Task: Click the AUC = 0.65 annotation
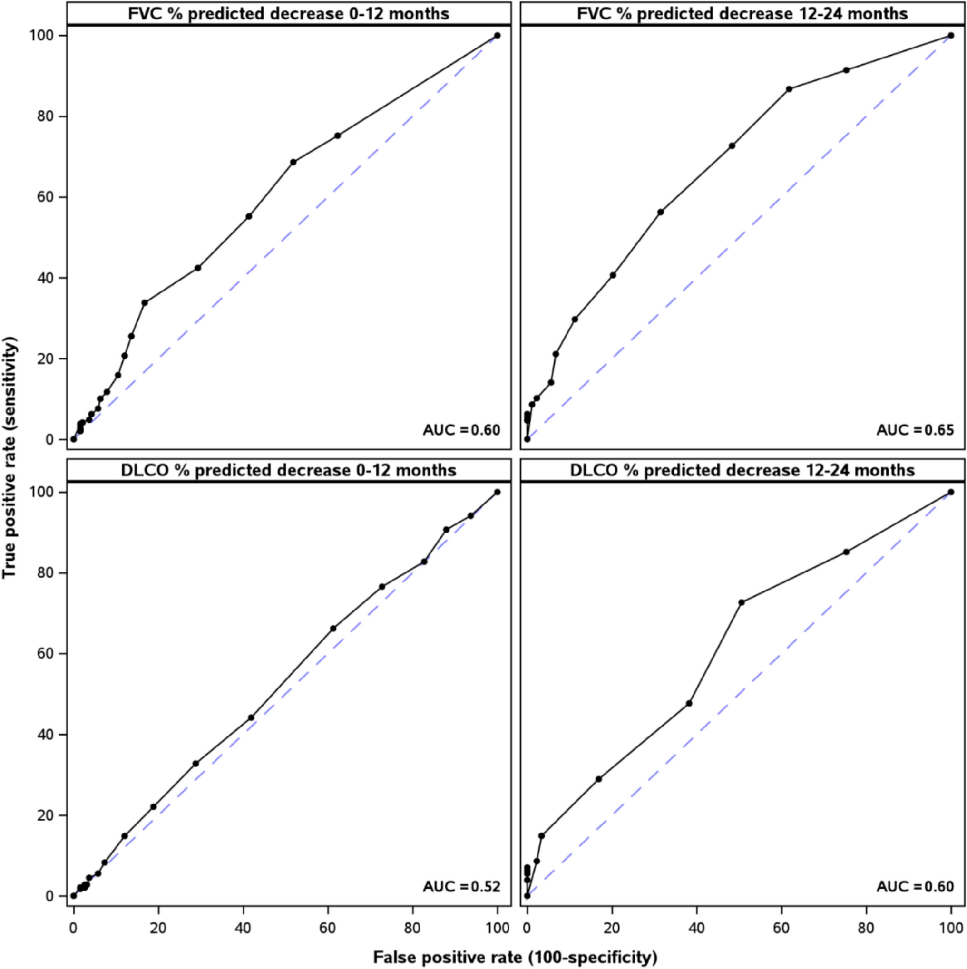(915, 430)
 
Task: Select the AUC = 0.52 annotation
(461, 886)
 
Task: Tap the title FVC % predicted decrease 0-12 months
(289, 13)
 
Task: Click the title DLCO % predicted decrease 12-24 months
(742, 470)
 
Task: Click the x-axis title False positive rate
(515, 957)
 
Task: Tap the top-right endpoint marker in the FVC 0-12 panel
(497, 36)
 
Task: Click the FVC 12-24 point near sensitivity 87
(789, 89)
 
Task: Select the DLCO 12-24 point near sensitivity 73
(741, 602)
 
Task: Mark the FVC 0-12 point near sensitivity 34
(145, 302)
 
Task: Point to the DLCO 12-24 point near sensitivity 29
(598, 779)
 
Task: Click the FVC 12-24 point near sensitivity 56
(660, 212)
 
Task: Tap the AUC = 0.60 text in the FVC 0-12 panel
(461, 430)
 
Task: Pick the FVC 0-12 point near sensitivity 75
(337, 136)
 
